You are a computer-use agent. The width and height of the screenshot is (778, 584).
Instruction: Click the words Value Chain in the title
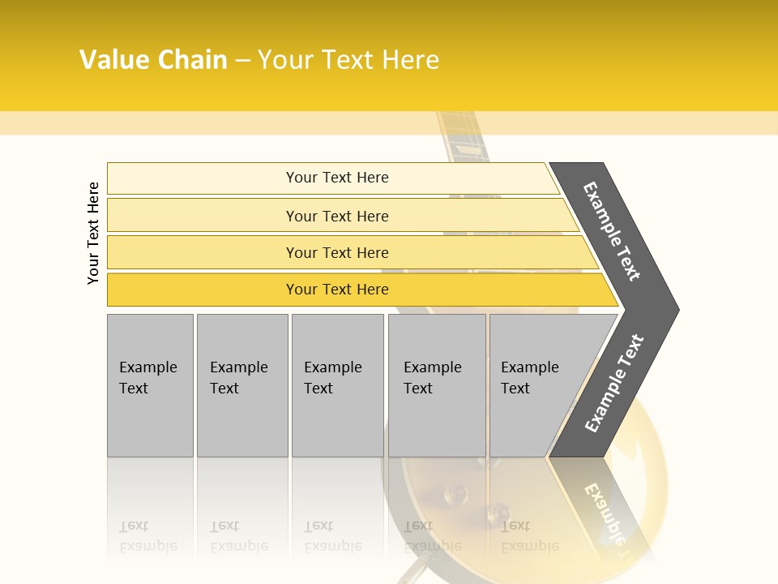tap(153, 60)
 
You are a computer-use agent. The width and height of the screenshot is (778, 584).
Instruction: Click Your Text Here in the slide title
tap(348, 60)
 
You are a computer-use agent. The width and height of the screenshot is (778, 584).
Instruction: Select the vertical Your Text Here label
tap(93, 233)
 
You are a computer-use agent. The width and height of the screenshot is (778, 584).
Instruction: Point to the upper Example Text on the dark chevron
tap(612, 231)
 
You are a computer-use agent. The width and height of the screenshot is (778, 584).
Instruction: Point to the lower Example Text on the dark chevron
tap(613, 384)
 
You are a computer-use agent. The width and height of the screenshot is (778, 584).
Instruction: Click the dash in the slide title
tap(242, 60)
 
